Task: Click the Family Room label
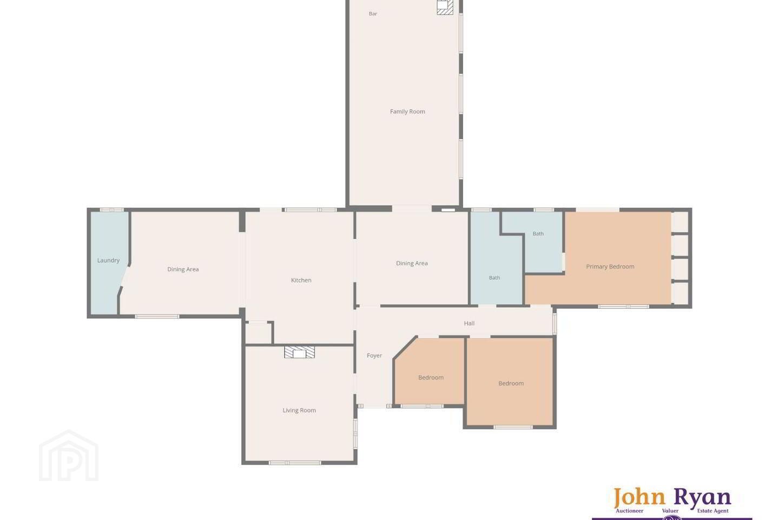click(407, 112)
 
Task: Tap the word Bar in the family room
click(373, 14)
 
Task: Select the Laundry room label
click(108, 260)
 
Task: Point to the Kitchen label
click(301, 280)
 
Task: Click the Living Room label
click(299, 410)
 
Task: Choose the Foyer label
click(374, 355)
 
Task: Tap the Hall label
click(469, 323)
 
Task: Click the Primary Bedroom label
click(610, 266)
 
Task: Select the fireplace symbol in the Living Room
click(300, 352)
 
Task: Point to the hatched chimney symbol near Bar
click(445, 7)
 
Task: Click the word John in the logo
click(639, 497)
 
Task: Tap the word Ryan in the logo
click(702, 498)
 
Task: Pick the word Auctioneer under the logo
click(630, 511)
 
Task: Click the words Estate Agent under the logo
click(712, 511)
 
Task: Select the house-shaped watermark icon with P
click(69, 456)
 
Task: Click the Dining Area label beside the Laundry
click(183, 269)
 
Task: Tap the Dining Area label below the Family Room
click(412, 263)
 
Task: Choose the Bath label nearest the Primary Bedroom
click(538, 233)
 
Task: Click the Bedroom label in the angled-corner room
click(431, 378)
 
